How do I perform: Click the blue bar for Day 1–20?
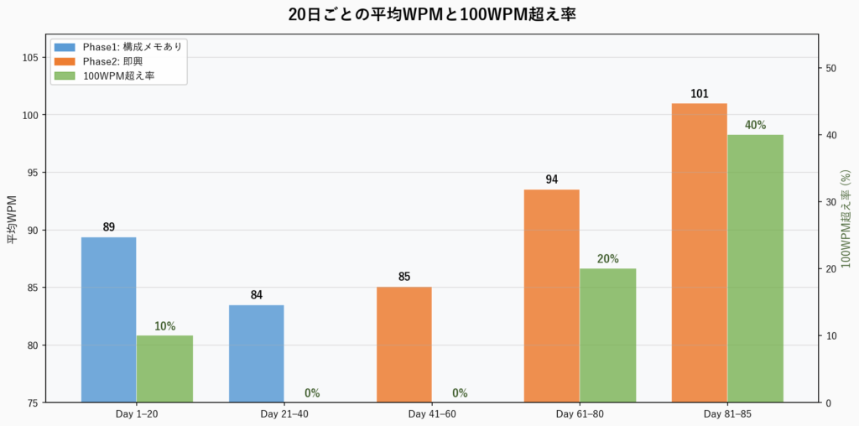point(108,319)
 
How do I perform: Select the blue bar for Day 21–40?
point(256,353)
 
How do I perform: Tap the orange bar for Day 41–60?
point(404,345)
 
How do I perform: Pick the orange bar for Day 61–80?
point(551,295)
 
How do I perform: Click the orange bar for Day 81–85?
point(699,252)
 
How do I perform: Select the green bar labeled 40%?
point(755,268)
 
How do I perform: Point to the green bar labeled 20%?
point(607,335)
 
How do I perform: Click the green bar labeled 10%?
point(164,369)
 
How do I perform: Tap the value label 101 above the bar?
point(700,94)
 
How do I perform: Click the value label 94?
point(551,179)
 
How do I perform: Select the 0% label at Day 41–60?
point(460,393)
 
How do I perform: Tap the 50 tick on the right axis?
point(831,68)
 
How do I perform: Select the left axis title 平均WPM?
point(13,219)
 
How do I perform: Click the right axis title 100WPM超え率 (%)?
point(846,219)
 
